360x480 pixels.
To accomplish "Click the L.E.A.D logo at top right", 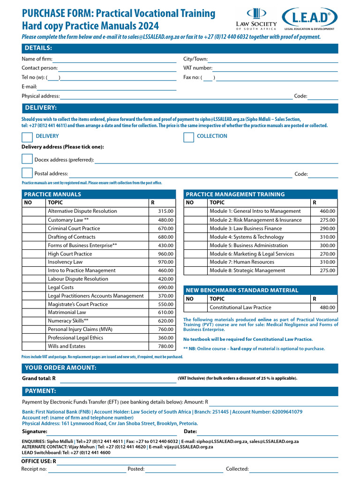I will click(311, 20).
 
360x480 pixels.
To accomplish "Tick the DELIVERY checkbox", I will click(27, 137).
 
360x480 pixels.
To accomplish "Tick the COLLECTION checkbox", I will click(188, 137).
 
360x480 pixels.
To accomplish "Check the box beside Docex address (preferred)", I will click(27, 159).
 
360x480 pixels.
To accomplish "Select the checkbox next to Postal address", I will click(27, 173).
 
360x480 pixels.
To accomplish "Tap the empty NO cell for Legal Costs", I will click(34, 287).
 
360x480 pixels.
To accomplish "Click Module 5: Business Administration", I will click(248, 245).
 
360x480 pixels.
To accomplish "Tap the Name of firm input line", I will click(114, 60).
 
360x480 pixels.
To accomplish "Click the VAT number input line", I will click(275, 69).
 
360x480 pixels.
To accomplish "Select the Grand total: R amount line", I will click(117, 378).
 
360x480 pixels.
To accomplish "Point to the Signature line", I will click(112, 432).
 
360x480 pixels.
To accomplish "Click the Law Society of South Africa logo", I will click(256, 19).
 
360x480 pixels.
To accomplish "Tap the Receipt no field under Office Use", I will click(87, 469).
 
